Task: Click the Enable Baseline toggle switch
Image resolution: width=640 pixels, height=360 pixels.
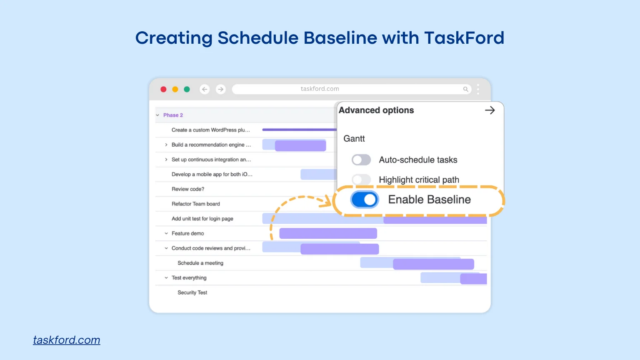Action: tap(365, 200)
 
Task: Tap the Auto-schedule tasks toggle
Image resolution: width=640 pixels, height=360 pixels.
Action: tap(361, 160)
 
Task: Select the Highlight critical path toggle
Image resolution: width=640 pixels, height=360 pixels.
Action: tap(361, 180)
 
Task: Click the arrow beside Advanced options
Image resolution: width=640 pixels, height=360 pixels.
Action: tap(490, 110)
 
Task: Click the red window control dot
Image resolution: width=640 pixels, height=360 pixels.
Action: tap(163, 89)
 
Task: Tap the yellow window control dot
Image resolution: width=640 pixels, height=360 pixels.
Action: tap(175, 89)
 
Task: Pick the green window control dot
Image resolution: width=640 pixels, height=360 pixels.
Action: tap(187, 89)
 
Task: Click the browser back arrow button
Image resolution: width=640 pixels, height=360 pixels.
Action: tap(205, 89)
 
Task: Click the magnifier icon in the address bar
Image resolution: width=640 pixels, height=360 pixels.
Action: tap(465, 89)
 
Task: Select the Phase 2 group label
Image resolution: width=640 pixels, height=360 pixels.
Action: tap(173, 115)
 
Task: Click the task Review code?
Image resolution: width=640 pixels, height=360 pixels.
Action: tap(188, 189)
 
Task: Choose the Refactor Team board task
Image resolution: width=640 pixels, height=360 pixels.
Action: tap(195, 204)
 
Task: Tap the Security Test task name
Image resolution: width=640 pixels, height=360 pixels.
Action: tap(192, 292)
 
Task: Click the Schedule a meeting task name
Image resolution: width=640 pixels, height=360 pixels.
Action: tap(200, 263)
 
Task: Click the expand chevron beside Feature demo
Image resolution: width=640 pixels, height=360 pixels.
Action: tap(166, 233)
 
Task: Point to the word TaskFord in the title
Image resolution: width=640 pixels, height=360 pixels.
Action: tap(464, 38)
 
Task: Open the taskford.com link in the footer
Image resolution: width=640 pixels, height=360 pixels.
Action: tap(67, 340)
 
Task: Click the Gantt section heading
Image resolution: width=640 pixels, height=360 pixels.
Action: tap(354, 138)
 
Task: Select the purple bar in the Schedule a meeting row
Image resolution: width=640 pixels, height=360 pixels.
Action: tap(433, 264)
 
